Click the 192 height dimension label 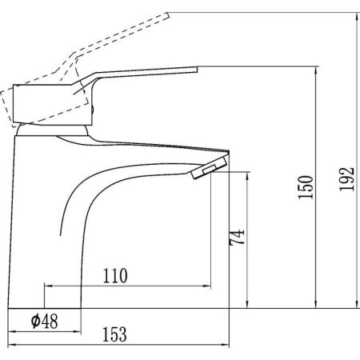[347, 179]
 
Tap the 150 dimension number [306, 187]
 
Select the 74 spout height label [237, 237]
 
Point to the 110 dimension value [115, 276]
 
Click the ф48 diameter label [44, 321]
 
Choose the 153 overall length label [114, 334]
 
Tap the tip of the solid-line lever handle [197, 70]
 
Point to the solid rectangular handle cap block [53, 105]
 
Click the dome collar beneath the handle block [53, 130]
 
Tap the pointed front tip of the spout [229, 151]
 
